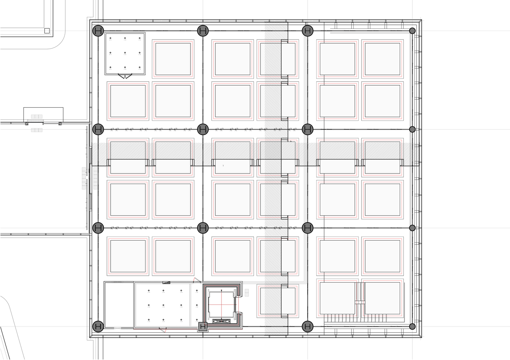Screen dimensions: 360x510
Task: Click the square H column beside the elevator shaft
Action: coord(203,327)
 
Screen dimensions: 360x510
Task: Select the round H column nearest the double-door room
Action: coord(98,31)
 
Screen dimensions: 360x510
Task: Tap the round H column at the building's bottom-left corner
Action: coord(98,327)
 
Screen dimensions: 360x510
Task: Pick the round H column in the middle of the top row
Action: coord(203,31)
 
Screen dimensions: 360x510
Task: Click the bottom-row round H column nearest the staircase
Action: coord(307,327)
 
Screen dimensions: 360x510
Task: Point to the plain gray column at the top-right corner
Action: coord(412,31)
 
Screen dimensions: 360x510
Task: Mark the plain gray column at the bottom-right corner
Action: coord(412,327)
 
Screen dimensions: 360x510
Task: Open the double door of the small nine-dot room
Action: coord(125,76)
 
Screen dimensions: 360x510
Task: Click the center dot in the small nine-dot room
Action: coord(125,53)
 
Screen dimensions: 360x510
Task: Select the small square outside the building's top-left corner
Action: coord(46,31)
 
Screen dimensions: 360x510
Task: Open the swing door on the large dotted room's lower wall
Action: coord(163,329)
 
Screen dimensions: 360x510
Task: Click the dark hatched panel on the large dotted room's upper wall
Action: coord(166,283)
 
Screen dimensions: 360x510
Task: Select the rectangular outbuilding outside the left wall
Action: coord(43,114)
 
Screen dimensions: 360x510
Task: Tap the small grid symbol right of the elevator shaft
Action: coord(247,293)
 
